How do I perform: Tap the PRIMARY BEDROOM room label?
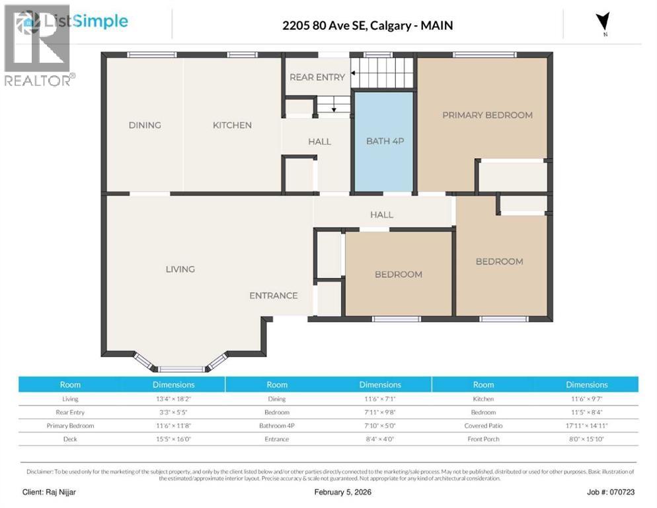pyautogui.click(x=487, y=115)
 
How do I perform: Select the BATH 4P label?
pyautogui.click(x=383, y=141)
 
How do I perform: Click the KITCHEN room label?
pyautogui.click(x=232, y=125)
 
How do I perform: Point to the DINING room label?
pyautogui.click(x=145, y=125)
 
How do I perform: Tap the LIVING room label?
pyautogui.click(x=180, y=269)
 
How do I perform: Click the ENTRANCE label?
pyautogui.click(x=273, y=296)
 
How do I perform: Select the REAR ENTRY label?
pyautogui.click(x=317, y=77)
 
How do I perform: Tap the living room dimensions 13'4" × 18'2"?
pyautogui.click(x=174, y=399)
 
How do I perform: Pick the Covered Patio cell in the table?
pyautogui.click(x=483, y=426)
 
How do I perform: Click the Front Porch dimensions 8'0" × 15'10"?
pyautogui.click(x=586, y=439)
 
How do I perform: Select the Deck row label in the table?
pyautogui.click(x=70, y=439)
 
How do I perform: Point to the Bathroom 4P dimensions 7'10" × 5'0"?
pyautogui.click(x=380, y=426)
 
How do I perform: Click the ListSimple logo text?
pyautogui.click(x=85, y=21)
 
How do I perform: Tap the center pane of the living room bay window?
pyautogui.click(x=180, y=368)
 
